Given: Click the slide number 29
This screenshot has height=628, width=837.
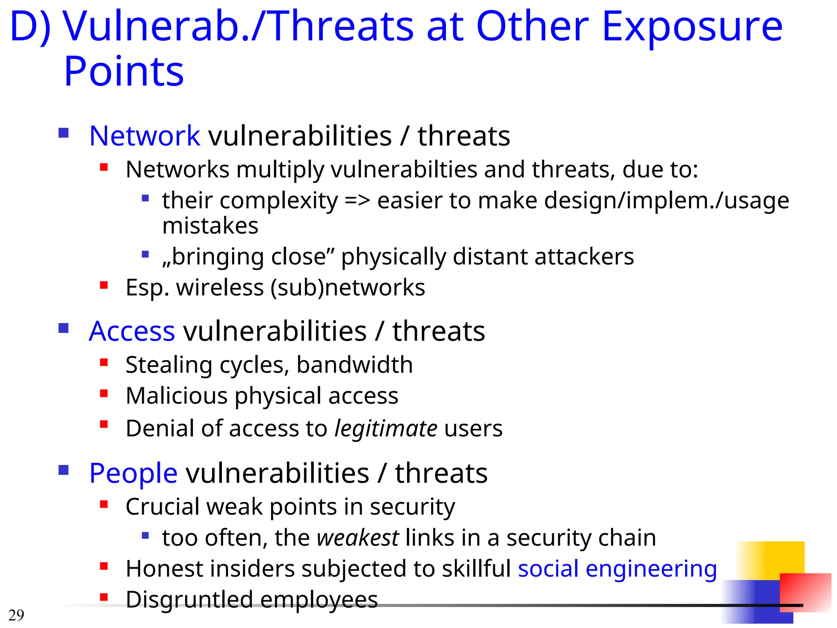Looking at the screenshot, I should coord(16,615).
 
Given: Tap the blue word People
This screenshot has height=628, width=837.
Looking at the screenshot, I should coord(133,473).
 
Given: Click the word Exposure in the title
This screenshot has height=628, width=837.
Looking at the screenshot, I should coord(692,27).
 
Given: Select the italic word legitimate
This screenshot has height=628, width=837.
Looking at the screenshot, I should coord(386,428).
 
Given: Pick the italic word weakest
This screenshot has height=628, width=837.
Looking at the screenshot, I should coord(358,538).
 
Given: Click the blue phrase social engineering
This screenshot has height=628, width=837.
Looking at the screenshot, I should coord(617,569).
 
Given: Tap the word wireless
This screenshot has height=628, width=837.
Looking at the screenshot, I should coord(220,287).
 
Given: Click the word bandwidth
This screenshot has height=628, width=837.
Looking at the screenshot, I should coord(354,365).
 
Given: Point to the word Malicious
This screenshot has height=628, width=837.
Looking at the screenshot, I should coord(177,396).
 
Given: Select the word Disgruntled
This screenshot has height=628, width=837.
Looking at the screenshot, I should coord(189,599).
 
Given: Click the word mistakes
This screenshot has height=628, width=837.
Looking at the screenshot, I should coord(210,226).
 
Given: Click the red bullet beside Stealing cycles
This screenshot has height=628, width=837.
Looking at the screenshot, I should coord(104,362).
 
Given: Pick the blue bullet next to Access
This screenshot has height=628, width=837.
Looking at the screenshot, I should coord(63,328).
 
